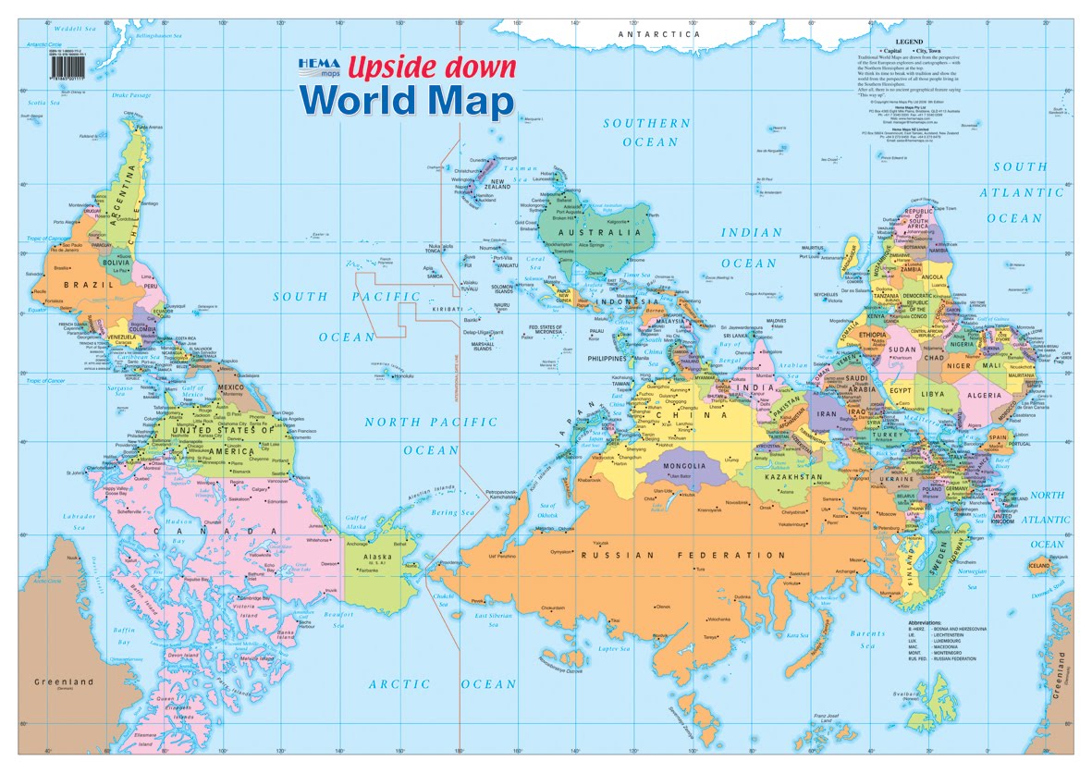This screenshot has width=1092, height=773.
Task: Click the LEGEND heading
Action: coord(910,43)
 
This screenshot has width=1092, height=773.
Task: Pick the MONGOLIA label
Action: coord(686,466)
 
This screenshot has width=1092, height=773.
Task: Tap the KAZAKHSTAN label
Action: coord(792,477)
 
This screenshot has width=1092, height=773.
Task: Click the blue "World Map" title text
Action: coord(406,102)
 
